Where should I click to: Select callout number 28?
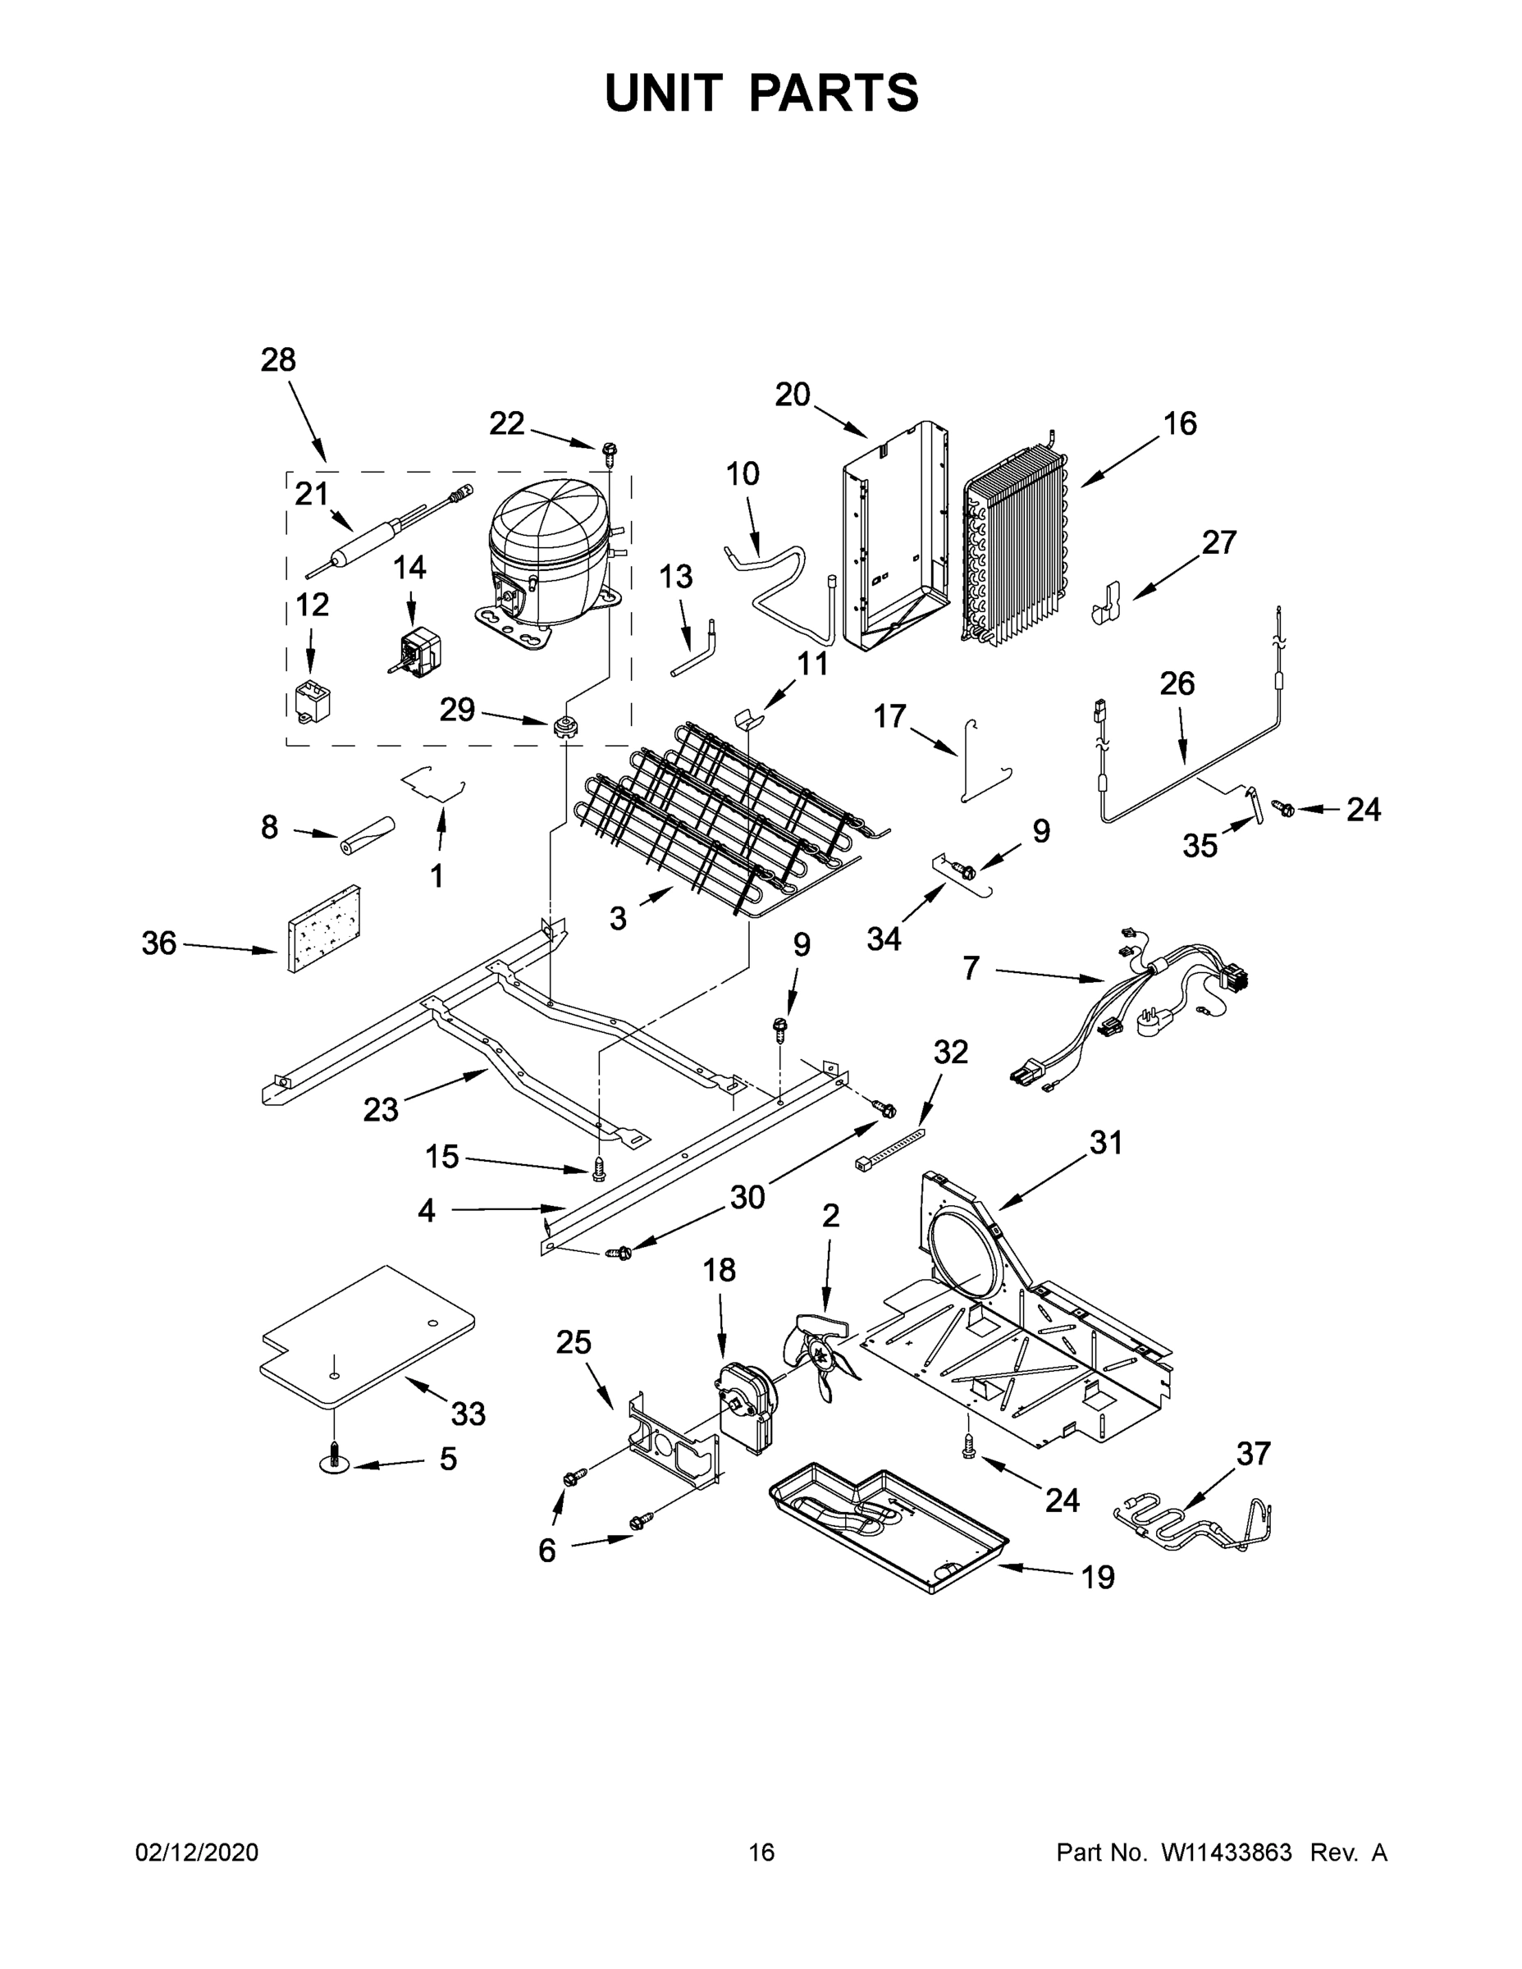[277, 359]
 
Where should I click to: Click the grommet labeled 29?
[564, 727]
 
